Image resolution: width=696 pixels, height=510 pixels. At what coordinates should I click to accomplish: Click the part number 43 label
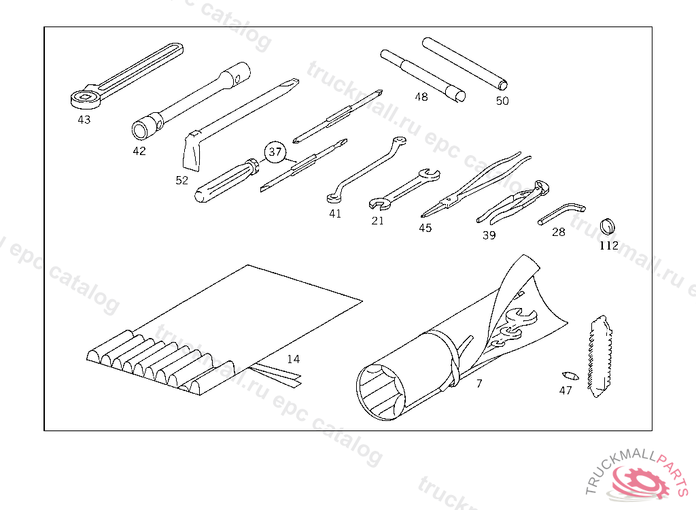click(x=84, y=120)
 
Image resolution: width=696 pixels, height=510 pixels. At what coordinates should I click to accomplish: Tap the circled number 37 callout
click(x=275, y=152)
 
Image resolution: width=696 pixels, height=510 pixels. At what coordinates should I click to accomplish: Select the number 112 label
click(x=609, y=245)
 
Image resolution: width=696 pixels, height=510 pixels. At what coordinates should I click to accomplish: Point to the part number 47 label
click(x=565, y=390)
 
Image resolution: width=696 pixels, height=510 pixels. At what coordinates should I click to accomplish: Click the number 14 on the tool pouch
click(x=293, y=359)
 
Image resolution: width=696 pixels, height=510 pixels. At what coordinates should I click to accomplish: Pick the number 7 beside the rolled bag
click(x=478, y=384)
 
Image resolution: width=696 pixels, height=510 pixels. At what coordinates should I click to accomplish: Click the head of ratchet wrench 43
click(x=84, y=97)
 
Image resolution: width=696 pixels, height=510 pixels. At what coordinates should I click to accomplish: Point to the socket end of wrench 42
click(x=144, y=127)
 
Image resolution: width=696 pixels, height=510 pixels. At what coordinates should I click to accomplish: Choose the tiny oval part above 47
click(x=569, y=375)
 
